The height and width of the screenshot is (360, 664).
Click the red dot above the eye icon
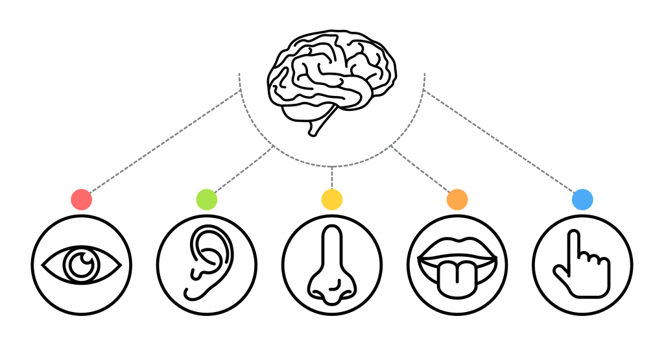pyautogui.click(x=81, y=199)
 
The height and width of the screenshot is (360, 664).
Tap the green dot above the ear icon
pyautogui.click(x=206, y=199)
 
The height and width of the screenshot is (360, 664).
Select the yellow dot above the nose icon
pyautogui.click(x=332, y=199)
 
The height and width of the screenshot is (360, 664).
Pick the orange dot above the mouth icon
pyautogui.click(x=457, y=199)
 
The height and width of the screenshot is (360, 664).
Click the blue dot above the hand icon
pyautogui.click(x=582, y=199)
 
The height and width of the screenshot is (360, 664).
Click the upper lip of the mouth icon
pyautogui.click(x=457, y=245)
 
